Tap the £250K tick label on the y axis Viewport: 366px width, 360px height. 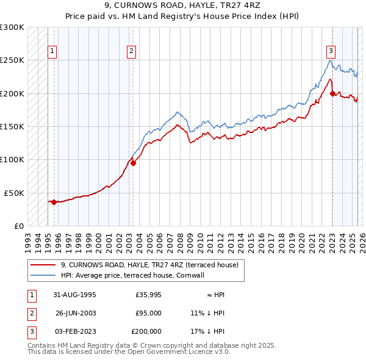(x=12, y=60)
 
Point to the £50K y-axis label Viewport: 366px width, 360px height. (x=14, y=193)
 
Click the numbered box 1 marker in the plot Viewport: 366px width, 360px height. (x=53, y=51)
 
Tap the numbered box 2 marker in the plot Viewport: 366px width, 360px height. (x=132, y=51)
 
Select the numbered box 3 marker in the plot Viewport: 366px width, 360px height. (x=331, y=51)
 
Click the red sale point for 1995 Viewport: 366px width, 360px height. (x=54, y=202)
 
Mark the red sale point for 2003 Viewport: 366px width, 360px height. (x=132, y=163)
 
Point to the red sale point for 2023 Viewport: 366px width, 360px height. (x=332, y=93)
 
